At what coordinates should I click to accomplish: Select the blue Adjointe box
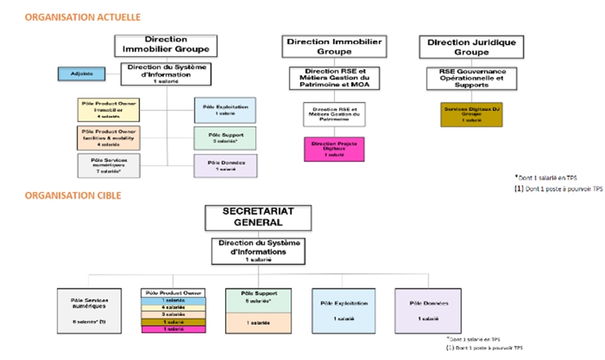pos(81,74)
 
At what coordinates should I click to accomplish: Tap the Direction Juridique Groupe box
pos(472,47)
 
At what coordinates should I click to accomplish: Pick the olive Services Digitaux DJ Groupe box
pos(472,114)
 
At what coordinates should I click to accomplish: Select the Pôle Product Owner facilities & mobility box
pos(108,138)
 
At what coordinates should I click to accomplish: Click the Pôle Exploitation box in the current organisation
pos(225,110)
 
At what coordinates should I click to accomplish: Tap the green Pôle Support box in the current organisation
pos(225,137)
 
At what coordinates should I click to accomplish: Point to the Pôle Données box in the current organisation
pos(225,165)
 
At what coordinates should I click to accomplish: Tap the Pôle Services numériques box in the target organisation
pos(89,309)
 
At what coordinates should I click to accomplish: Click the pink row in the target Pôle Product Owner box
pos(173,328)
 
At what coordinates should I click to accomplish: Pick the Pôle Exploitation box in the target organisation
pos(343,309)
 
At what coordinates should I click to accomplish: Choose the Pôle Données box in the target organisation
pos(426,309)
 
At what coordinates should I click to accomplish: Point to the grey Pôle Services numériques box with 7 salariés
pos(108,165)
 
